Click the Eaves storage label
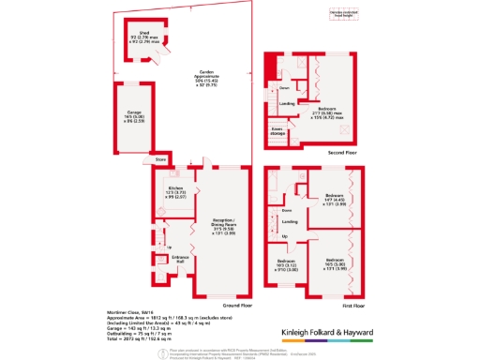tap(277, 131)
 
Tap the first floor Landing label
tap(291, 221)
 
